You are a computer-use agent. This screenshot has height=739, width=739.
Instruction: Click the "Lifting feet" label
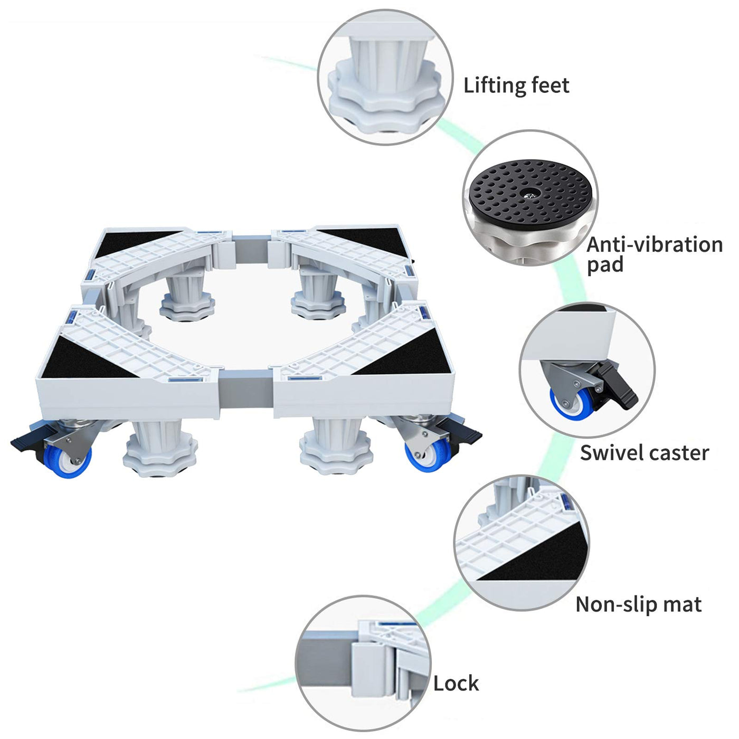(x=516, y=86)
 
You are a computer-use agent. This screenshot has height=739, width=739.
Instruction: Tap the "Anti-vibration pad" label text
(x=654, y=254)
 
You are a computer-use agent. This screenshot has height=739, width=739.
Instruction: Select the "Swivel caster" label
(x=644, y=453)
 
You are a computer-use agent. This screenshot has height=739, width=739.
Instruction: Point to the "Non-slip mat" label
(x=638, y=604)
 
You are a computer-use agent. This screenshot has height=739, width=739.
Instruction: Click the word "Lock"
(x=456, y=684)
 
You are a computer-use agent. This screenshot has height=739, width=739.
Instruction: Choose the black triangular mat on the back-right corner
(x=369, y=238)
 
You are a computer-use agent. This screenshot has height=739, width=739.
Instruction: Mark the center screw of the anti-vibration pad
(x=530, y=195)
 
